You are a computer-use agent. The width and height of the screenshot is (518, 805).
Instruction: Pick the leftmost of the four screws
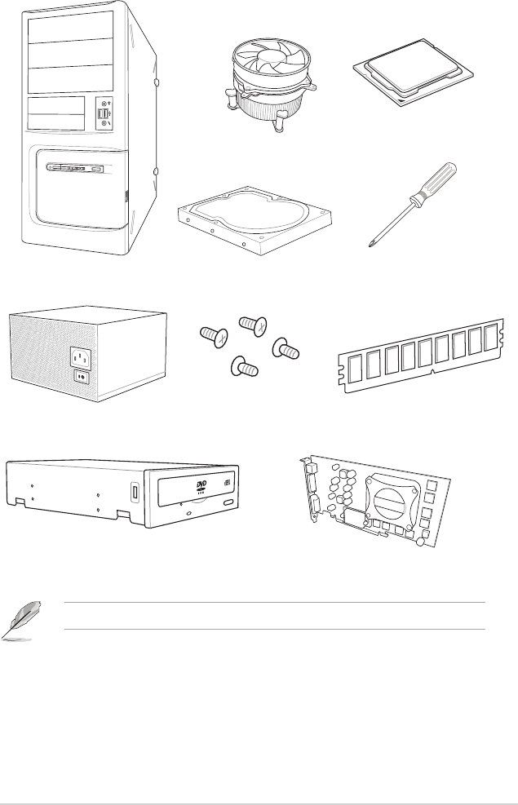[x=212, y=336]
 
